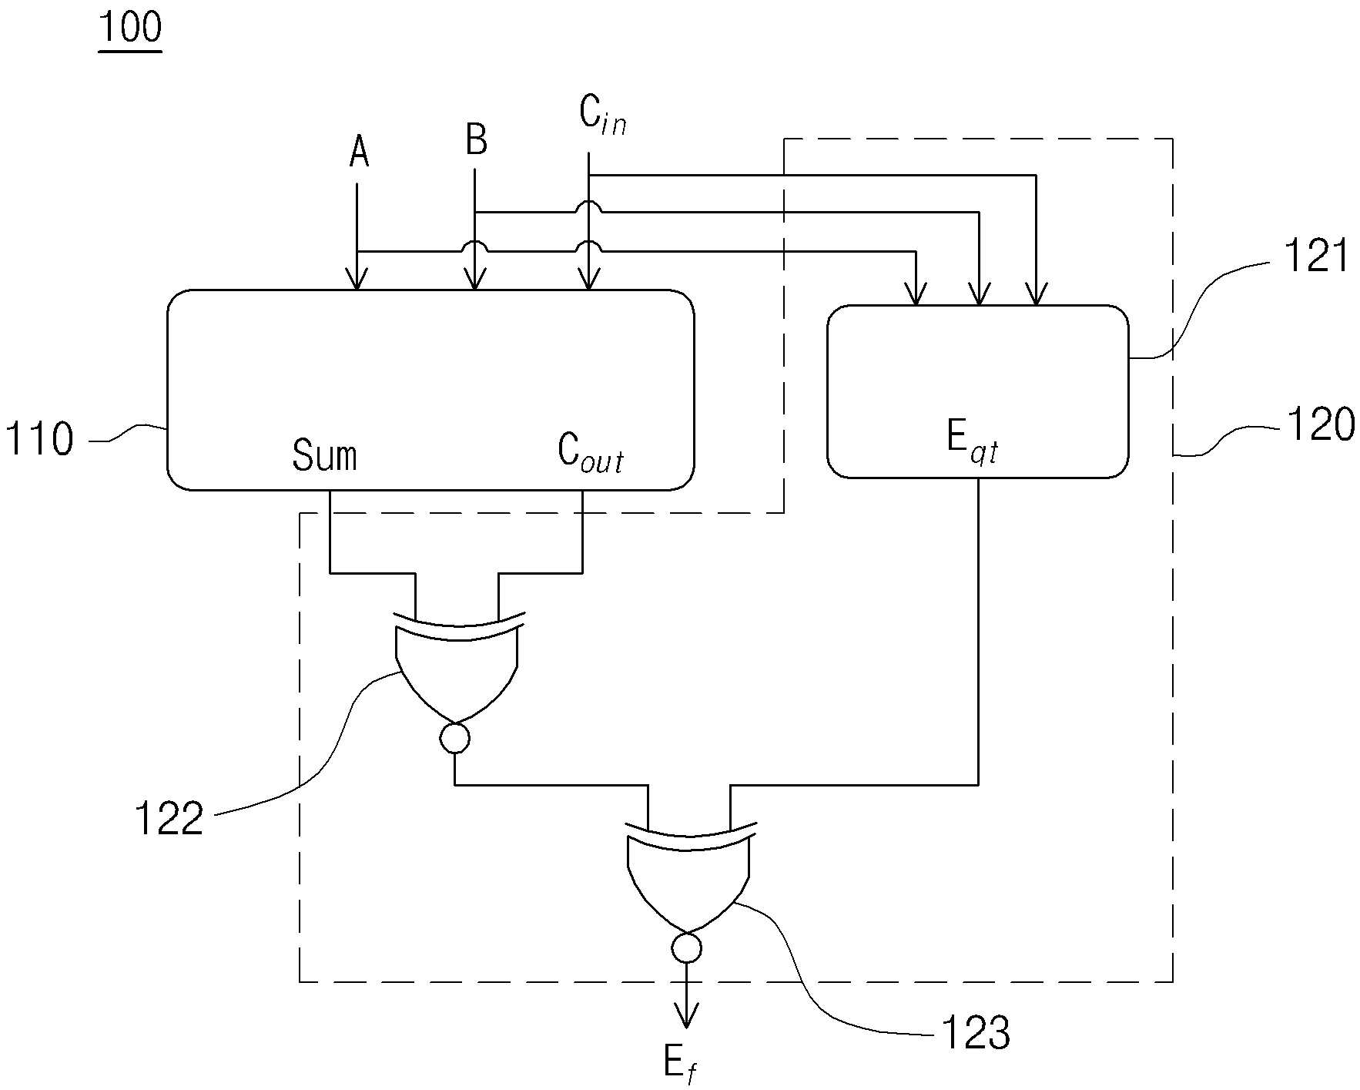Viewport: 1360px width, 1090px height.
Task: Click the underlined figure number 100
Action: [x=130, y=29]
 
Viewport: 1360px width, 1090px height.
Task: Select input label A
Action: [x=359, y=151]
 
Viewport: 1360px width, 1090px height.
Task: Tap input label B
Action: [x=477, y=140]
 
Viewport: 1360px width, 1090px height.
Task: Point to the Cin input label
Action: [x=602, y=116]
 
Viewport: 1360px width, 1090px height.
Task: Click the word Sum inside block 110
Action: [x=324, y=454]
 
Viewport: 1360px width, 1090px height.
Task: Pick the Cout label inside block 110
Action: [x=590, y=453]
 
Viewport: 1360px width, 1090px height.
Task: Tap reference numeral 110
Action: [x=39, y=440]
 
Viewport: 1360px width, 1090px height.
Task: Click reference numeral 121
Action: [x=1315, y=257]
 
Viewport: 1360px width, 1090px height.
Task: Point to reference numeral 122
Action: [x=169, y=818]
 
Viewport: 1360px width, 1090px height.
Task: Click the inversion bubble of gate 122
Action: [x=454, y=738]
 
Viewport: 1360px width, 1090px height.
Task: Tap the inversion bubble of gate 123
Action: [x=686, y=947]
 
